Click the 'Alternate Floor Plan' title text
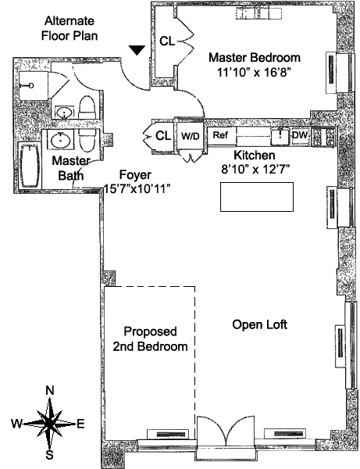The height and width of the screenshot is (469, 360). tap(70, 28)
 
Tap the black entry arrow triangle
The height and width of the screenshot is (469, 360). tap(137, 50)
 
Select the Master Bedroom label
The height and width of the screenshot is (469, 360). tap(255, 57)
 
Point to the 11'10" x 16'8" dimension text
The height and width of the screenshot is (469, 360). tap(254, 72)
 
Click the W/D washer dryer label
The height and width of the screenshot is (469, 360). tap(190, 136)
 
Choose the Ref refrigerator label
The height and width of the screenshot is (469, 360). tap(220, 135)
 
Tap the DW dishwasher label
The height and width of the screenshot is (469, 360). tap(300, 135)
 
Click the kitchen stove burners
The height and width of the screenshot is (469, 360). tap(323, 136)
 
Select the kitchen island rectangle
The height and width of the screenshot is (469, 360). tap(257, 197)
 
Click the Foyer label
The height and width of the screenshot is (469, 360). tap(135, 174)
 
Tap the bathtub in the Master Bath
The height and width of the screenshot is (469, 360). tap(30, 166)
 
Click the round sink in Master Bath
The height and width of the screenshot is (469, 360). tap(61, 140)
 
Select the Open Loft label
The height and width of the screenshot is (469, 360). tap(259, 325)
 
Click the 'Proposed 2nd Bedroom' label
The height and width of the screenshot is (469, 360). tap(150, 339)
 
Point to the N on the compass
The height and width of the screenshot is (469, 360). tap(50, 391)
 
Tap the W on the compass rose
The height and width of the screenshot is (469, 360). tap(16, 424)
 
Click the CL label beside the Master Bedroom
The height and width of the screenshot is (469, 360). tap(166, 41)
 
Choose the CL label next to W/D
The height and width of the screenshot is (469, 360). tap(163, 136)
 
